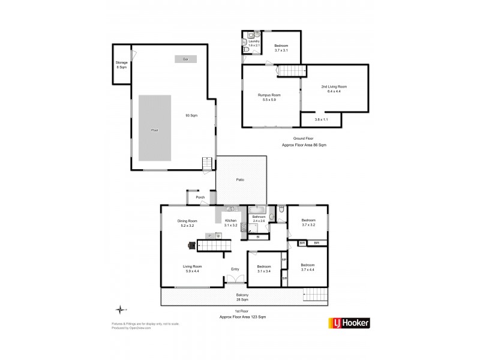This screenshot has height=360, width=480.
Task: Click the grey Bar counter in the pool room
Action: [x=185, y=59]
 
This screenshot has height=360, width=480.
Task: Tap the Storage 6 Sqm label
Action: [x=121, y=65]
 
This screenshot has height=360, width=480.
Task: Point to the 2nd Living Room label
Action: [x=334, y=89]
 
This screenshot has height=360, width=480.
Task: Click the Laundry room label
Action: [x=253, y=43]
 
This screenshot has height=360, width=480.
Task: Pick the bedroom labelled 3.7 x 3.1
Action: [x=281, y=48]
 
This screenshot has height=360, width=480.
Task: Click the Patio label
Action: [x=240, y=179]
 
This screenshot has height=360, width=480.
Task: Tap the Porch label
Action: [x=200, y=197]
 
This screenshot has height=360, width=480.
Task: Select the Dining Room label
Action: [x=187, y=224]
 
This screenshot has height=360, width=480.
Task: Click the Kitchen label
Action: [x=231, y=223]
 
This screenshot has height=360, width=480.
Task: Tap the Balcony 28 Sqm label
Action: [x=242, y=297]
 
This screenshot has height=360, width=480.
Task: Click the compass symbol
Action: [x=121, y=310]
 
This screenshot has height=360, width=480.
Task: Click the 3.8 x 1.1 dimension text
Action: [x=322, y=120]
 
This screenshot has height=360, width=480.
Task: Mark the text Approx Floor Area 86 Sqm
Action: [x=304, y=145]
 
